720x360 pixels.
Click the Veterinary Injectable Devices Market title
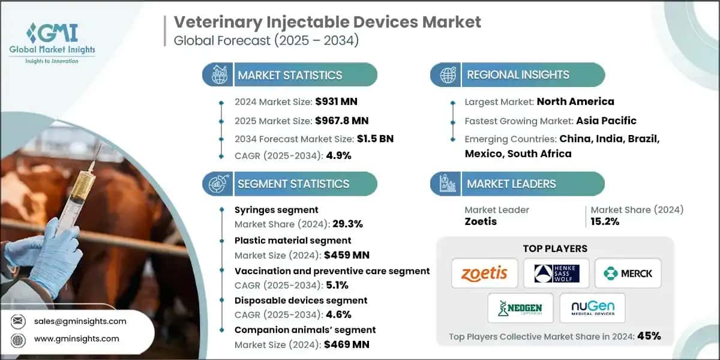coord(327,22)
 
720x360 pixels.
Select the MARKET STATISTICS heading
coord(290,75)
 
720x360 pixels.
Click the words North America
coord(575,101)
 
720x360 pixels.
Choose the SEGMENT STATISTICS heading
coord(293,184)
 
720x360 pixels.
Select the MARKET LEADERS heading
coord(511,184)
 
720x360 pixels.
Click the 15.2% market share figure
coord(605,221)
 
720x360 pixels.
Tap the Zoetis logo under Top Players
coord(484,274)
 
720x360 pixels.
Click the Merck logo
coord(628,274)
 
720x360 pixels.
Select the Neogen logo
coord(520,308)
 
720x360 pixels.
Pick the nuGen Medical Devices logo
coord(592,308)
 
